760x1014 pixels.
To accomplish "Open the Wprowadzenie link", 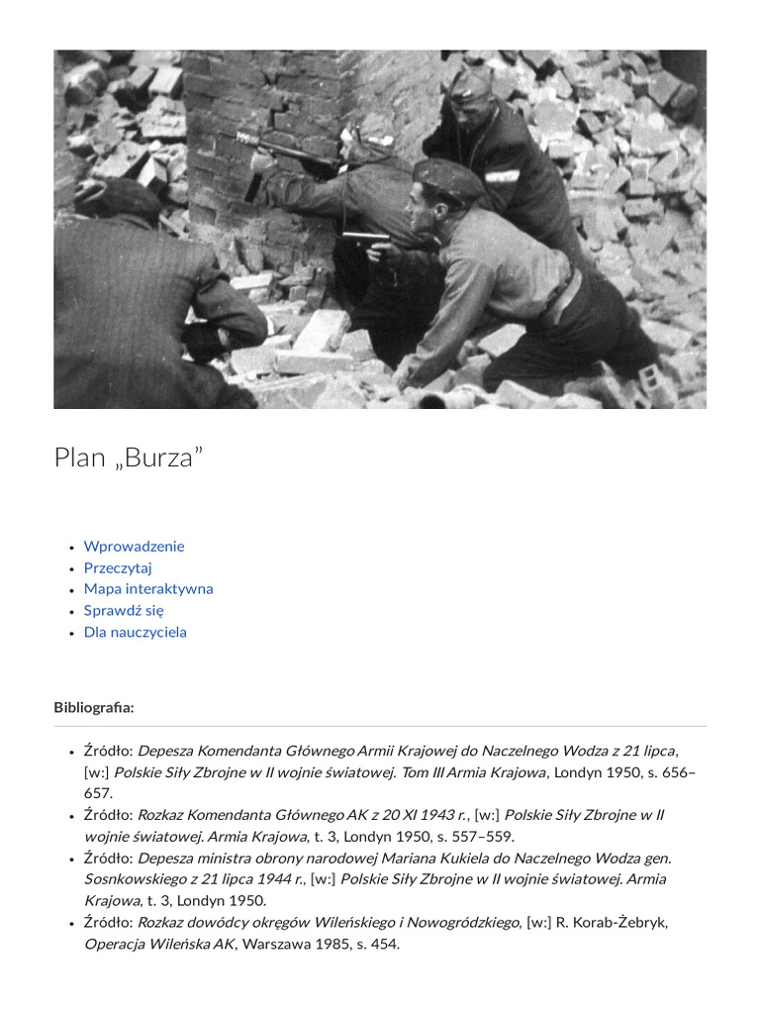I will point(134,546).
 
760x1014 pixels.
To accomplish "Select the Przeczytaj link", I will point(118,567).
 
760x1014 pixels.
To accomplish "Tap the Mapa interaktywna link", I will point(148,588).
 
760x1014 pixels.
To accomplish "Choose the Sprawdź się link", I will point(124,610).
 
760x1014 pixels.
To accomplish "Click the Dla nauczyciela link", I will point(135,632).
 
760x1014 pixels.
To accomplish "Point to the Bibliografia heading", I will point(94,707).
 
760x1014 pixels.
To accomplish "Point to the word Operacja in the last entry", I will point(116,944).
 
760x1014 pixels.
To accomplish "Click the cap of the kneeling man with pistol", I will point(447,178).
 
